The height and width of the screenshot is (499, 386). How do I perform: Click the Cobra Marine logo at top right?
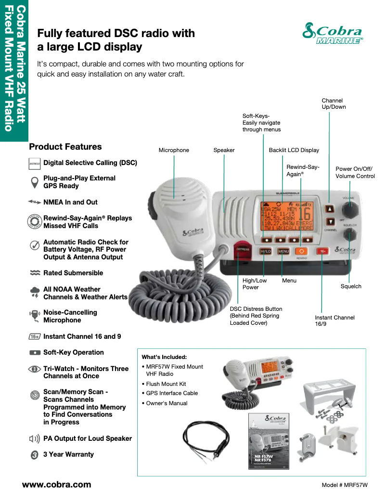tap(333, 33)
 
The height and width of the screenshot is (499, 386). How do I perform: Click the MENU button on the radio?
tap(283, 251)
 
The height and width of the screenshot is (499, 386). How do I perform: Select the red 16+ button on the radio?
tap(322, 251)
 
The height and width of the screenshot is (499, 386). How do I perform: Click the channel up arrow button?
tap(330, 209)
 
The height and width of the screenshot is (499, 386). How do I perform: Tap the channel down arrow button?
tap(330, 222)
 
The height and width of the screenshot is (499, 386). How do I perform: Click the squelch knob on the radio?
tap(350, 234)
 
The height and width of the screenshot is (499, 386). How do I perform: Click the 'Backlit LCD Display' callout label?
tap(294, 150)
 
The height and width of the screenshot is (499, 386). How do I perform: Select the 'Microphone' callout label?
tap(174, 150)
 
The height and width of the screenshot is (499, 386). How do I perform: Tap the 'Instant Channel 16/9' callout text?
tap(335, 321)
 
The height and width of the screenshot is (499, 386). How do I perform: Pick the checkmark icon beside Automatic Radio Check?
tap(35, 245)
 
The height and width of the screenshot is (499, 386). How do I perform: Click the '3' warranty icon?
tap(35, 455)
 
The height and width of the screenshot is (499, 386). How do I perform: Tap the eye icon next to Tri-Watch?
tap(35, 369)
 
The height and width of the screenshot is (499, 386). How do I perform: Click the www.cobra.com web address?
tap(56, 485)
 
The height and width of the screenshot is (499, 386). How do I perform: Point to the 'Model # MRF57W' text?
tap(345, 485)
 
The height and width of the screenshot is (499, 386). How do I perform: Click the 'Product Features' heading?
tap(65, 147)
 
